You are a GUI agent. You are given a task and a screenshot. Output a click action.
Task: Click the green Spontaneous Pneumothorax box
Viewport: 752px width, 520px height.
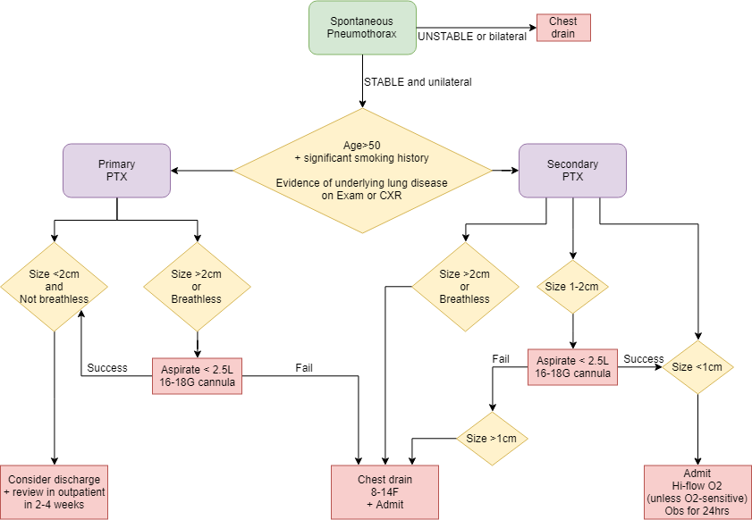pos(362,28)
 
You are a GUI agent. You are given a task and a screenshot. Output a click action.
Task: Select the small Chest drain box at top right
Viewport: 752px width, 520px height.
pos(563,28)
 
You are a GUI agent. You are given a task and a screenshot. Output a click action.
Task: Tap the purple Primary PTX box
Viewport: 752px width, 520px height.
pos(117,171)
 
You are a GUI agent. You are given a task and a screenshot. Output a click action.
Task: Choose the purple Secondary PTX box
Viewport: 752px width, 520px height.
pos(572,171)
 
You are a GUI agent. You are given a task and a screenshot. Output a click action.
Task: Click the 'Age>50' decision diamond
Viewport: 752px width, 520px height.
pos(362,170)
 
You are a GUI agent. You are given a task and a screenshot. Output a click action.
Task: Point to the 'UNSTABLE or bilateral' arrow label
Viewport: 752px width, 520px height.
pos(472,37)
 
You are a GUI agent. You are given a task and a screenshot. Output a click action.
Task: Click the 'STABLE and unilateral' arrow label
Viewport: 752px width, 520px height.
pos(418,82)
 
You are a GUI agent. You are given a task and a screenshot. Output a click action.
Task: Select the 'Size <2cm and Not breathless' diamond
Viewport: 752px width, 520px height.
pos(55,287)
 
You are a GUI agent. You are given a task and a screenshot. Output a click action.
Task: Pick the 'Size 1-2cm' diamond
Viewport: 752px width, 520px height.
pos(572,287)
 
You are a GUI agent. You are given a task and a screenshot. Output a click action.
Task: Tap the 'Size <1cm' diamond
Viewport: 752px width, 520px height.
pos(697,367)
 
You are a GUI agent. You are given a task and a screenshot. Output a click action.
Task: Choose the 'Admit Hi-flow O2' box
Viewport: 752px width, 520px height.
pos(697,491)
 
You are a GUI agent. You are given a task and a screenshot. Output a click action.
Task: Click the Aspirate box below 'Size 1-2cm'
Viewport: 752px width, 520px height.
pos(572,367)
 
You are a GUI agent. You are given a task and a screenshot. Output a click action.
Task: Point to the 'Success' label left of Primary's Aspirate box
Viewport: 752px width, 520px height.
pos(106,368)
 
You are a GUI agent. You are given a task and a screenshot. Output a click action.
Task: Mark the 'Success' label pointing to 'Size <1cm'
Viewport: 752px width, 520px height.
pos(644,359)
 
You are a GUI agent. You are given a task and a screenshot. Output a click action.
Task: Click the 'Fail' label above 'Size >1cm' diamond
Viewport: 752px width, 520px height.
pos(501,359)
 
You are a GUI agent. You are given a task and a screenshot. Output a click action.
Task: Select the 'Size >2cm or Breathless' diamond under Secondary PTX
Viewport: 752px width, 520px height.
pos(465,287)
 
